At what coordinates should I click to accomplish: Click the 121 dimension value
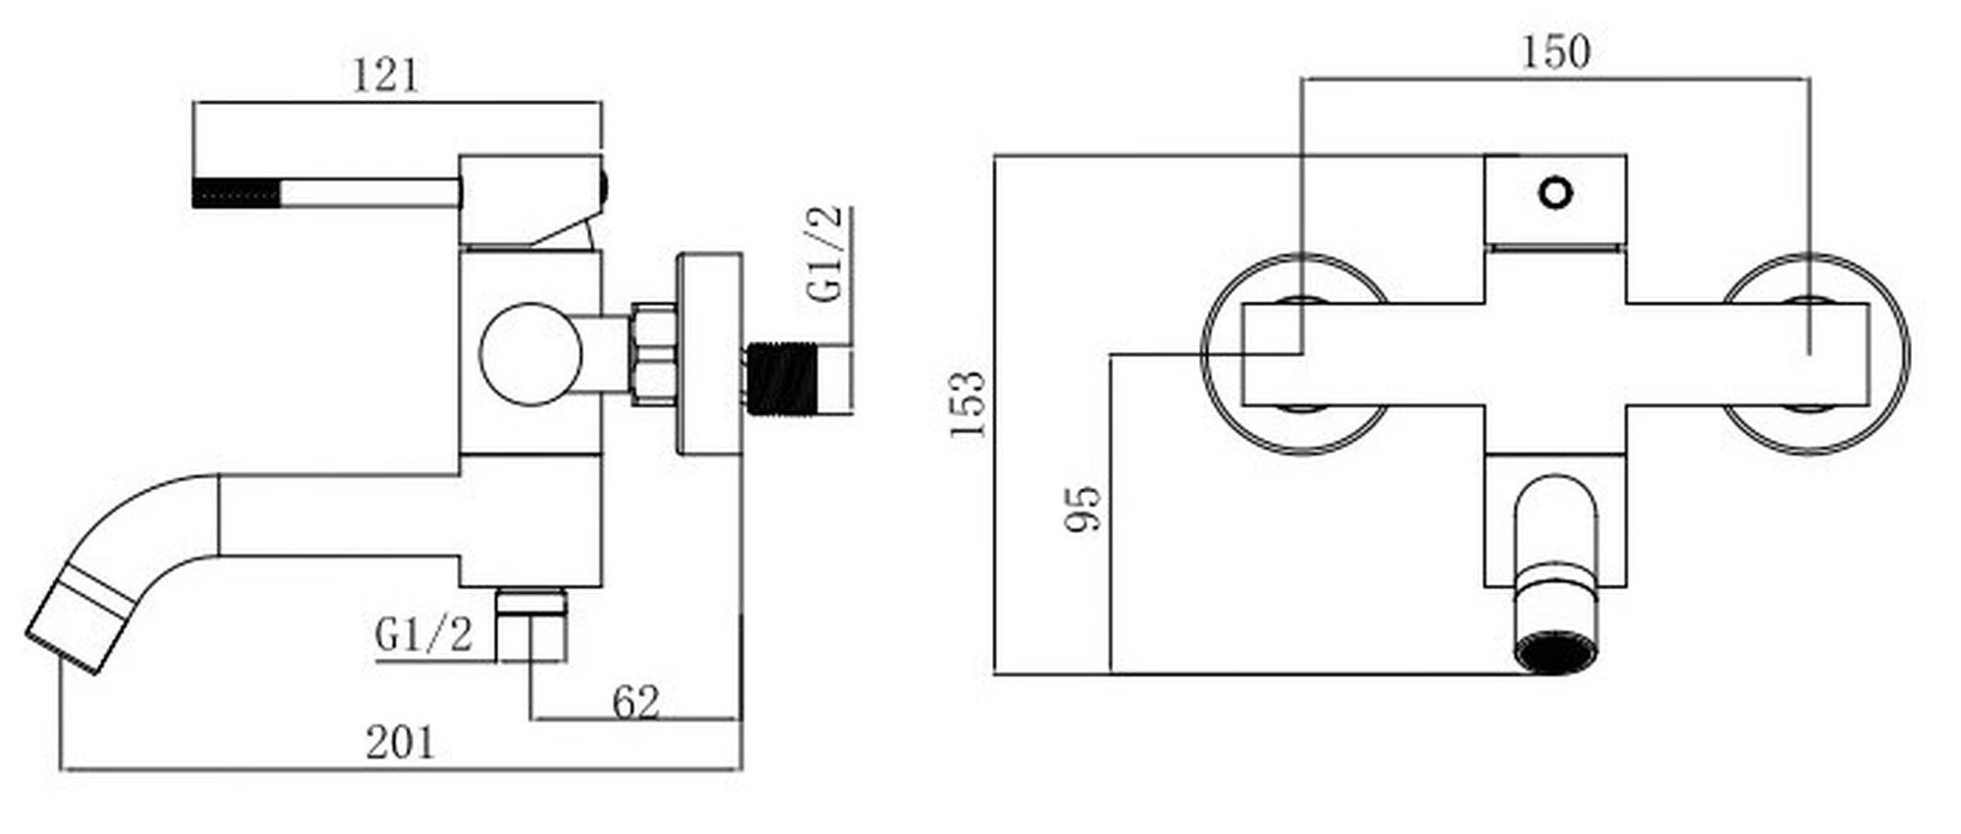[x=385, y=74]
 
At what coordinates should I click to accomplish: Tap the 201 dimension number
[x=399, y=743]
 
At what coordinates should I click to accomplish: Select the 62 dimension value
[x=636, y=703]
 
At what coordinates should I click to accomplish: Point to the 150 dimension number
[x=1556, y=51]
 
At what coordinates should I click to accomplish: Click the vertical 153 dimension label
[x=968, y=404]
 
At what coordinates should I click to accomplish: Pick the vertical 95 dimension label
[x=1083, y=508]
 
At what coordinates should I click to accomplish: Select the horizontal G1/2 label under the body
[x=424, y=635]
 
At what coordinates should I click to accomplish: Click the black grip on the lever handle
[x=237, y=192]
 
